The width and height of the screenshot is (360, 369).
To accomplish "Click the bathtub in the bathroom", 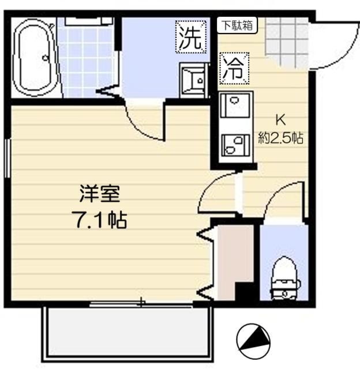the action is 35,58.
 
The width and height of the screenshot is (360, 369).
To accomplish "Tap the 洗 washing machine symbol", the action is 191,37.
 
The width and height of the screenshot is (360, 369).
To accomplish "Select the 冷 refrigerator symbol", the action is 234,68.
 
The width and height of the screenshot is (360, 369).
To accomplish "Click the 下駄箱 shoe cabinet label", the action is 237,25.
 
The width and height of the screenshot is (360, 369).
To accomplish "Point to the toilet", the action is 285,278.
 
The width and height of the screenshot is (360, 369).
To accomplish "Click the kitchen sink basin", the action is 235,105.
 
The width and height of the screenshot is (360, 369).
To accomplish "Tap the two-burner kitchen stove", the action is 235,145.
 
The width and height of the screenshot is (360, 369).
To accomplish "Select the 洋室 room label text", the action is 100,194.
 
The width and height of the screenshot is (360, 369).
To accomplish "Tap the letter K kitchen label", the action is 280,121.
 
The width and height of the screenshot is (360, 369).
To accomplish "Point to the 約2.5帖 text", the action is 280,138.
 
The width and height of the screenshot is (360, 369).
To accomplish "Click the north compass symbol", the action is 253,340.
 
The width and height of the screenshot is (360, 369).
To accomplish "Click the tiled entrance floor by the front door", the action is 287,40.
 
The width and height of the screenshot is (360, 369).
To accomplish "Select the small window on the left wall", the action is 7,158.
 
